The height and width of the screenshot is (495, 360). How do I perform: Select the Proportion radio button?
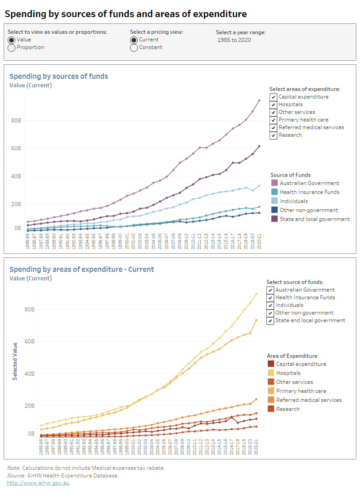coord(12,47)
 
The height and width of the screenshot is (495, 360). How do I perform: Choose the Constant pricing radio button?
coord(134,47)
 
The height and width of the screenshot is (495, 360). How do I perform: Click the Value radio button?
coord(12,40)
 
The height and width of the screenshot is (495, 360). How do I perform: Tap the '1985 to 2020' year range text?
coord(234,40)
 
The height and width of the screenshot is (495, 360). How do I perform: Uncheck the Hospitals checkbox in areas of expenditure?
coord(273,104)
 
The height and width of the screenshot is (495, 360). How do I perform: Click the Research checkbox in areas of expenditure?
coord(273,135)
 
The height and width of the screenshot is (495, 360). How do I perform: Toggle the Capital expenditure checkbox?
coord(273,97)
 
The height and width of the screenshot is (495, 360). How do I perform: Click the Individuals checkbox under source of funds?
coord(270,305)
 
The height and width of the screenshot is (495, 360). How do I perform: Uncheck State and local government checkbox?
coord(270,320)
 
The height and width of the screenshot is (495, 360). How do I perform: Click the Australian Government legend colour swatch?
coord(274,183)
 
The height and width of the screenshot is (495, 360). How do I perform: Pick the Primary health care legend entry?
coord(301,391)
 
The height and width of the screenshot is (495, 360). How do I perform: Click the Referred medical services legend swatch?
coord(270,400)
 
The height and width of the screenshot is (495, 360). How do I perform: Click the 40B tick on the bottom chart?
coord(30,373)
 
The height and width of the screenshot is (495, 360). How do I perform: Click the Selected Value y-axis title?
coord(15,361)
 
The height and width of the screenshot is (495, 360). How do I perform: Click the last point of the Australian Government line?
coord(259,100)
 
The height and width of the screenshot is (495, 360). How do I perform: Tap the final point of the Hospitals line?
coord(256,294)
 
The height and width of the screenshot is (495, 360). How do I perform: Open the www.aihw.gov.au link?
coord(38,483)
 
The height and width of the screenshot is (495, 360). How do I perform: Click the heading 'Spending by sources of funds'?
coord(58,76)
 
